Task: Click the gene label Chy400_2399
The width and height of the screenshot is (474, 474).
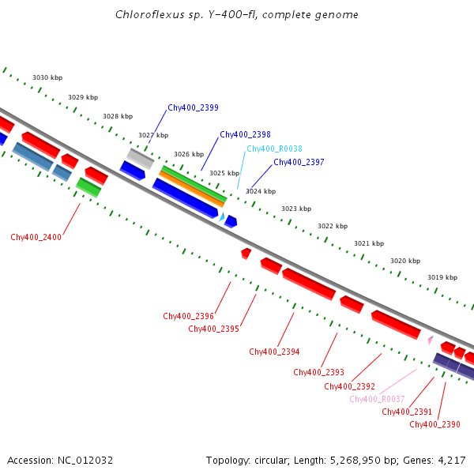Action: click(x=193, y=107)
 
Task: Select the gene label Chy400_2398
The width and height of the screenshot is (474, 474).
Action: click(x=245, y=134)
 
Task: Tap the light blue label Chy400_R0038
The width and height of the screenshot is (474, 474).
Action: click(x=274, y=149)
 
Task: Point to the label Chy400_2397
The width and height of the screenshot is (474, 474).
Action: click(x=299, y=162)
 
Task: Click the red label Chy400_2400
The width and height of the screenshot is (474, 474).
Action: click(x=36, y=237)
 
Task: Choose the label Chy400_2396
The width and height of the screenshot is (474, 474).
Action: click(x=188, y=316)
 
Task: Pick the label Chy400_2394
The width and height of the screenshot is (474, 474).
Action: click(x=274, y=352)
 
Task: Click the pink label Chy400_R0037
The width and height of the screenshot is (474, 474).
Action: click(x=377, y=399)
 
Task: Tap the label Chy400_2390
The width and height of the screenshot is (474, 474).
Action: click(x=434, y=424)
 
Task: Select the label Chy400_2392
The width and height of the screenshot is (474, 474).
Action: click(x=349, y=386)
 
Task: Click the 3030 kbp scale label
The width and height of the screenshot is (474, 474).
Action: click(x=47, y=77)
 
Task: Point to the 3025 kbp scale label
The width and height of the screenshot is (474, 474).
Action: click(x=224, y=173)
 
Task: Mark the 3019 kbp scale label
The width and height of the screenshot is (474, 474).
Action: click(x=442, y=277)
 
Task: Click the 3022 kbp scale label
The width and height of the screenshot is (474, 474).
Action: click(x=333, y=226)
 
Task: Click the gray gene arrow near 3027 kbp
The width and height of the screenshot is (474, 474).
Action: click(x=141, y=158)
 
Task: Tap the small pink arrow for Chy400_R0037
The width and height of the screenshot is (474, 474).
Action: click(x=430, y=340)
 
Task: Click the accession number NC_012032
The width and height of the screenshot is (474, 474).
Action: click(x=86, y=460)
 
